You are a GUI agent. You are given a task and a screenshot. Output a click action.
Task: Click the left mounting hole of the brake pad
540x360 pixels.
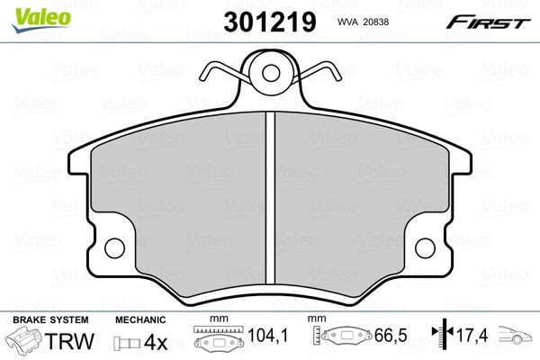pyautogui.click(x=113, y=246)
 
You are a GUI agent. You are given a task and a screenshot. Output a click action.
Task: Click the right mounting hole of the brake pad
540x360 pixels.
pyautogui.click(x=428, y=246)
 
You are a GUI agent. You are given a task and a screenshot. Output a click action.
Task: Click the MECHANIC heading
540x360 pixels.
pyautogui.click(x=140, y=319)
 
